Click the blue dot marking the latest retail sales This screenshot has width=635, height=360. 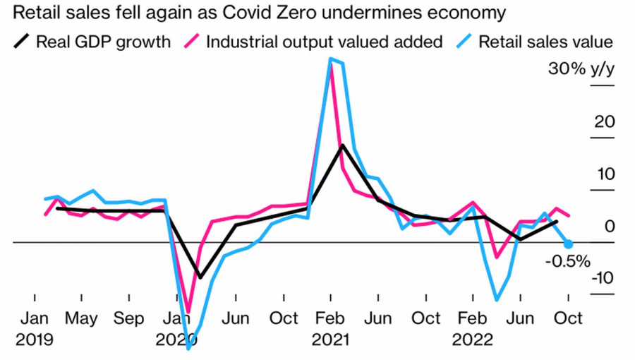click(568, 244)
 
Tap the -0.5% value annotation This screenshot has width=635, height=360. click(568, 262)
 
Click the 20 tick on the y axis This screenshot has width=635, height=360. click(605, 121)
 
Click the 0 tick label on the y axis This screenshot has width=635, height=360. click(610, 226)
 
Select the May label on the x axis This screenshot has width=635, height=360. click(81, 318)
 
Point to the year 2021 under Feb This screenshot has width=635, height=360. click(329, 340)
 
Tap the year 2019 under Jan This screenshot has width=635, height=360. click(35, 340)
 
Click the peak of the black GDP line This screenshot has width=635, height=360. click(342, 145)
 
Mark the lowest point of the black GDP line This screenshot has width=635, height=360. click(200, 277)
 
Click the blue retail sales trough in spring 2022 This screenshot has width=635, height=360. click(497, 300)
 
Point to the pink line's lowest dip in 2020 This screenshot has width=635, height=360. click(188, 311)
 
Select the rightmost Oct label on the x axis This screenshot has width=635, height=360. click(568, 318)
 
